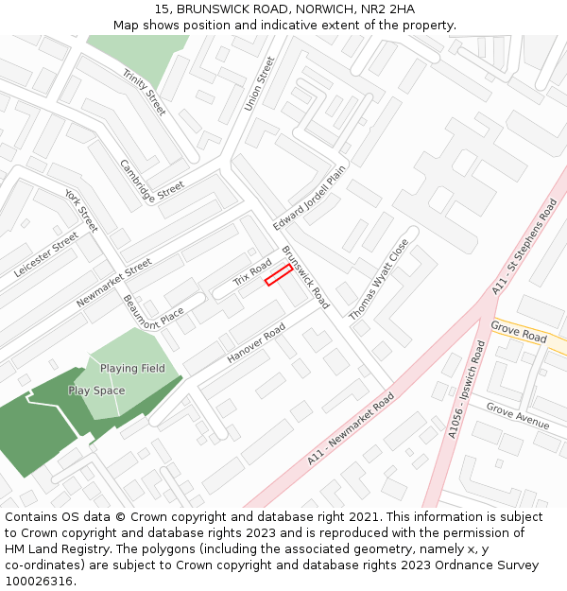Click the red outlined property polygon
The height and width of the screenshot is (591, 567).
[278, 274]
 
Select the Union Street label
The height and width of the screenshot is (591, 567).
[259, 83]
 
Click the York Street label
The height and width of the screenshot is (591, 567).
[81, 210]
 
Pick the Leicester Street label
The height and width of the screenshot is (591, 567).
[46, 254]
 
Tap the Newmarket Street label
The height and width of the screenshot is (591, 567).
[113, 283]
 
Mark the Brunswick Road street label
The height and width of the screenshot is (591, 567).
[305, 278]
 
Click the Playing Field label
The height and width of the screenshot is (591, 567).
[132, 369]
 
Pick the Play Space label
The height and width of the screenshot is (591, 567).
[96, 391]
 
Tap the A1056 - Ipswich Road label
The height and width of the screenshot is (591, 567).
[467, 390]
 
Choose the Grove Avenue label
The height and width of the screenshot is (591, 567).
[517, 415]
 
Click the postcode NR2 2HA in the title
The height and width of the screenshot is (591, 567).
[387, 9]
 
